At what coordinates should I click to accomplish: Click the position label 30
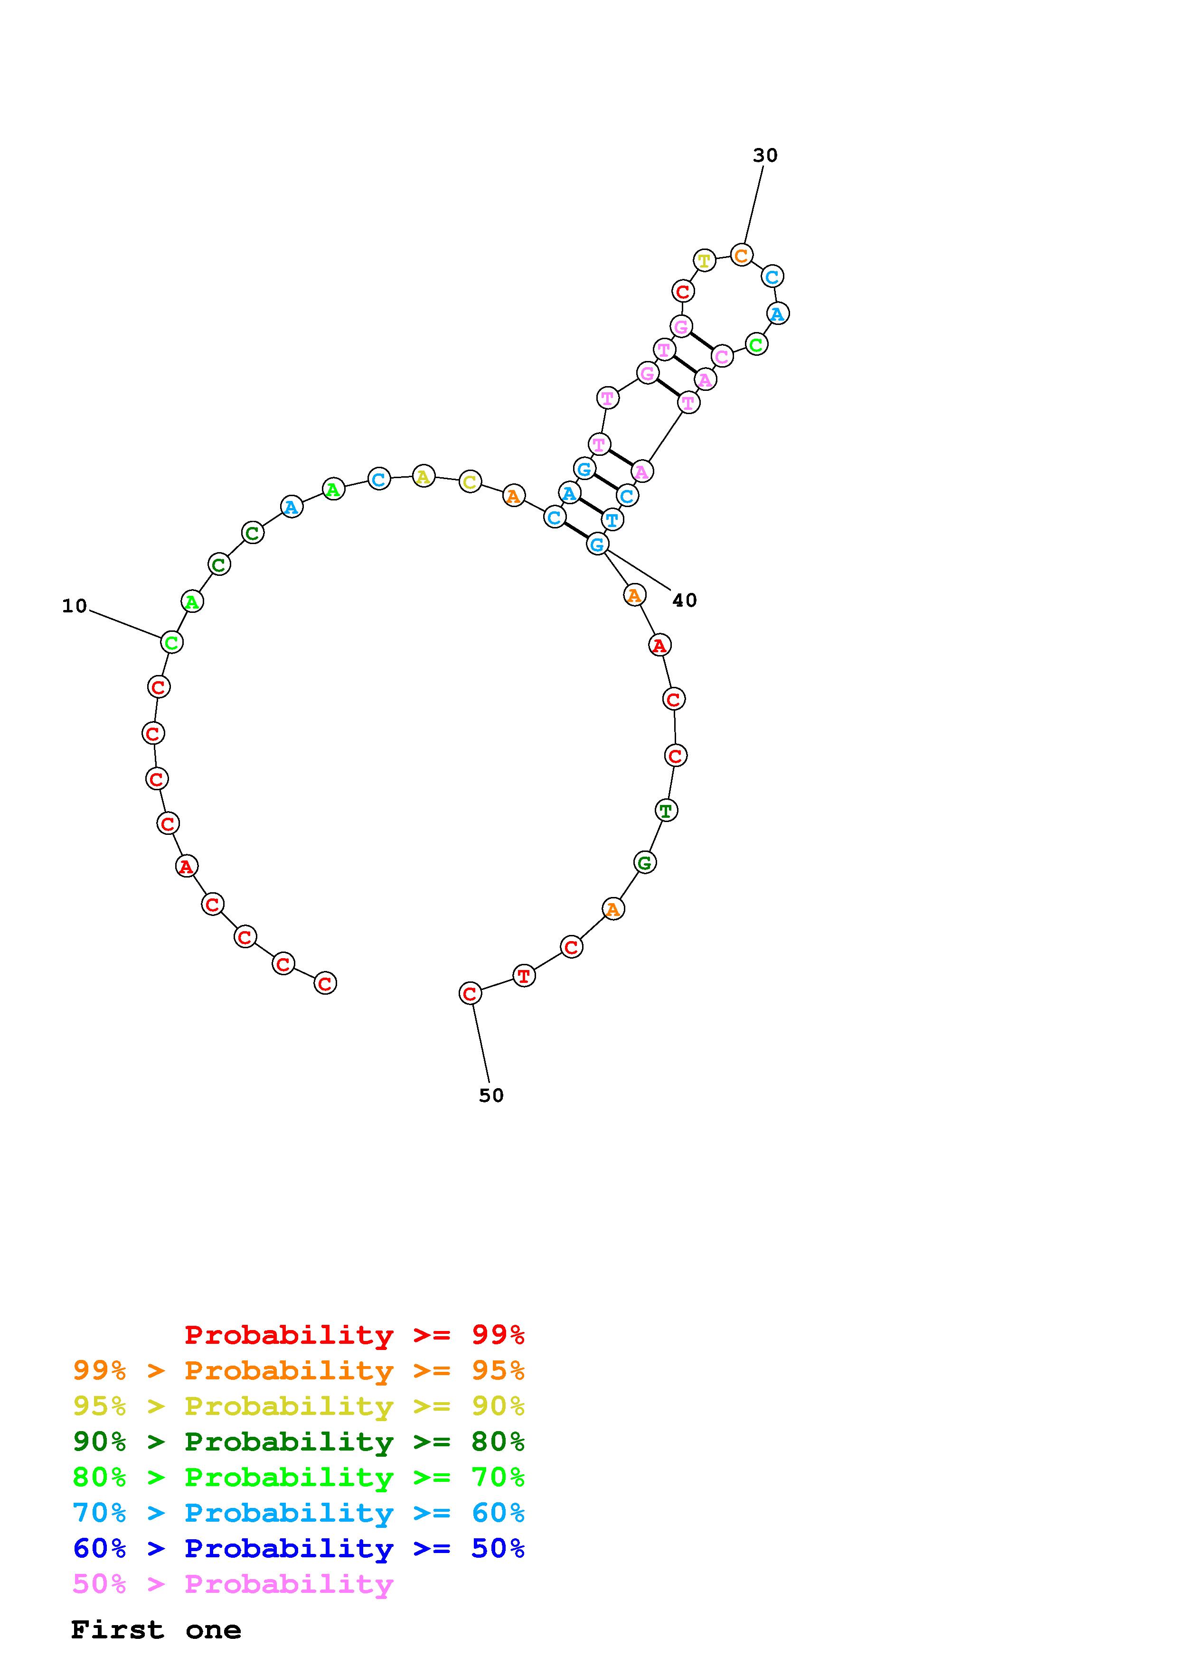pyautogui.click(x=764, y=155)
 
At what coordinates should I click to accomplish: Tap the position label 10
pyautogui.click(x=74, y=606)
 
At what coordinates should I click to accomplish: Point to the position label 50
pyautogui.click(x=491, y=1095)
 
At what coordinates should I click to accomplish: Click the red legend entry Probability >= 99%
pyautogui.click(x=355, y=1334)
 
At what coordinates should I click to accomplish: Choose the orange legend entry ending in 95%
pyautogui.click(x=299, y=1370)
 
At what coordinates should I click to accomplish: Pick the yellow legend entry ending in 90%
pyautogui.click(x=299, y=1405)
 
